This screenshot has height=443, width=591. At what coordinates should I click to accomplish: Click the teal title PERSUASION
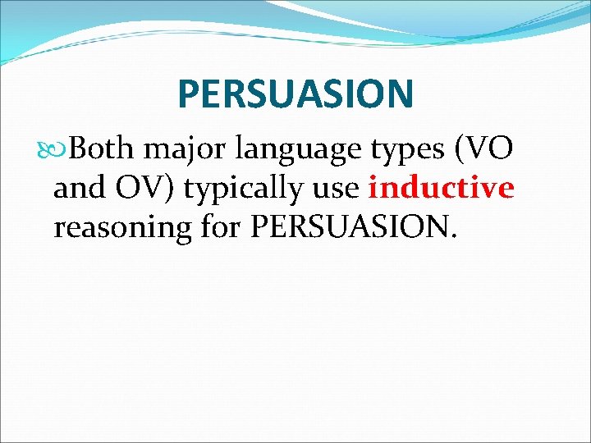[295, 94]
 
